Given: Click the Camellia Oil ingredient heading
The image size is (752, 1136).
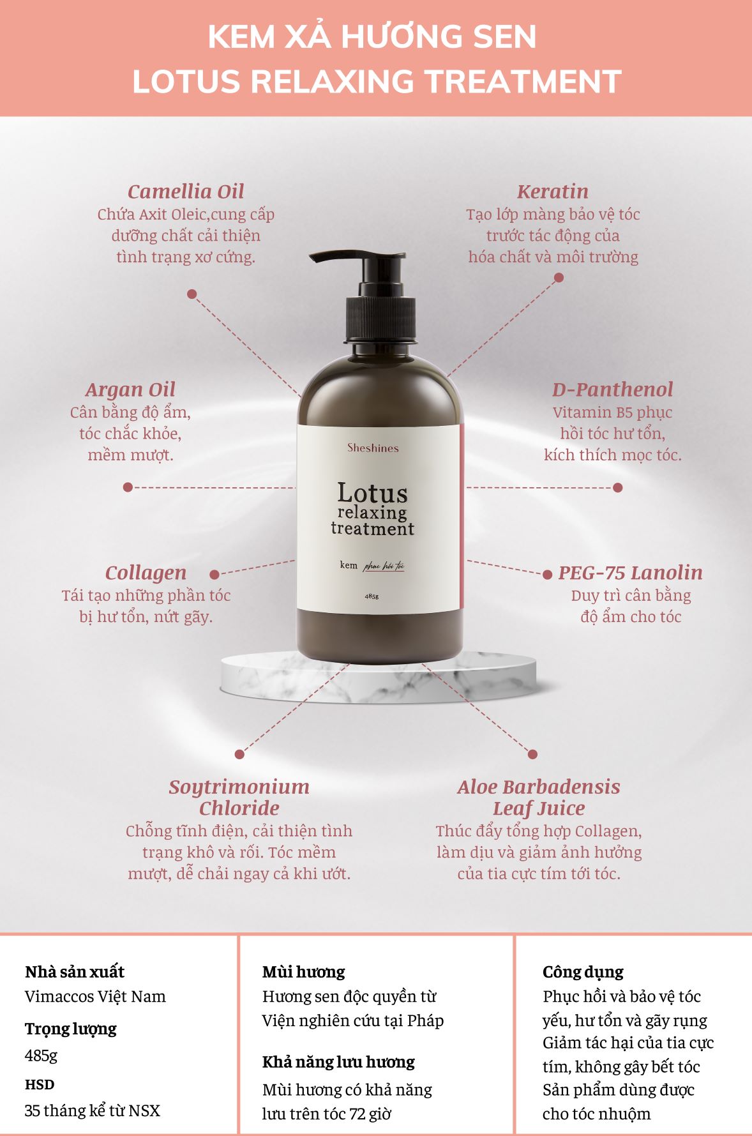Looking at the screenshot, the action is pyautogui.click(x=186, y=191).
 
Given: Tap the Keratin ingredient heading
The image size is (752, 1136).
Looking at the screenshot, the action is pyautogui.click(x=553, y=191).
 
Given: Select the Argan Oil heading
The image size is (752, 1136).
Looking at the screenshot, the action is pyautogui.click(x=130, y=390).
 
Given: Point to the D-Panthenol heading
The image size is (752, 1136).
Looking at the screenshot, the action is pyautogui.click(x=612, y=389).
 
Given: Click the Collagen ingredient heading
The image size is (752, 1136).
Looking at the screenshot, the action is pyautogui.click(x=146, y=573).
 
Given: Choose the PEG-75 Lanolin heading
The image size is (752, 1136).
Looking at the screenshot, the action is pyautogui.click(x=630, y=572).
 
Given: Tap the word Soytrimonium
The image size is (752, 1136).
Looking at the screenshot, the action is pyautogui.click(x=239, y=787).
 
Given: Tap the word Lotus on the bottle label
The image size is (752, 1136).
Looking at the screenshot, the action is pyautogui.click(x=372, y=493).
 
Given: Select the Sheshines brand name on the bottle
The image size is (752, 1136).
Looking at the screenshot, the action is pyautogui.click(x=373, y=448).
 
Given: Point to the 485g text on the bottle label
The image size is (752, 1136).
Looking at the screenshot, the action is pyautogui.click(x=372, y=596).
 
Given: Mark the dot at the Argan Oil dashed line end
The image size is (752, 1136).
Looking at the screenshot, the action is pyautogui.click(x=128, y=487).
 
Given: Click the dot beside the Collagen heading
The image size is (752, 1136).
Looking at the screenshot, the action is pyautogui.click(x=214, y=575).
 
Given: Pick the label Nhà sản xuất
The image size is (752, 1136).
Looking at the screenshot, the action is pyautogui.click(x=75, y=972).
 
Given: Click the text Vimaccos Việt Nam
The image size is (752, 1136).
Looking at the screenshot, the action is pyautogui.click(x=95, y=996).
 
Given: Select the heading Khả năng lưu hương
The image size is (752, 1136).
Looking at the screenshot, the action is pyautogui.click(x=338, y=1062).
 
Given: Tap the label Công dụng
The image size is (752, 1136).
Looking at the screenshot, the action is pyautogui.click(x=583, y=973).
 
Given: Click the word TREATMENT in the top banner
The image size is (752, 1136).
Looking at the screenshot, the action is pyautogui.click(x=523, y=82).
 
